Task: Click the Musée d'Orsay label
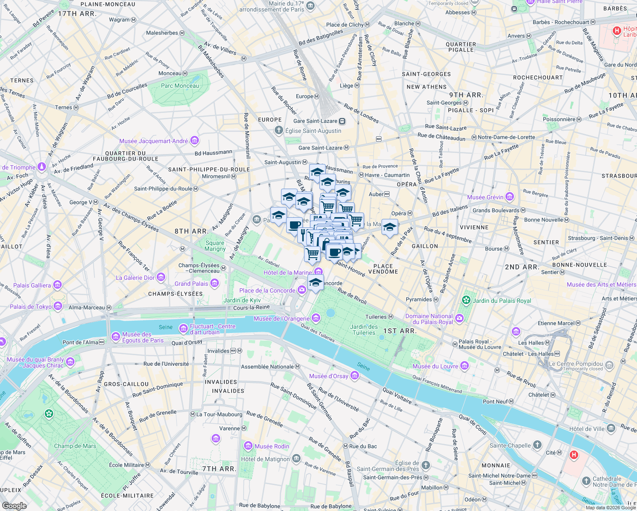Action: [329, 376]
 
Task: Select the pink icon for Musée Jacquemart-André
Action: [195, 141]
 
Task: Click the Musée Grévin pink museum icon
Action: [510, 197]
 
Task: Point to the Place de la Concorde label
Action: [267, 290]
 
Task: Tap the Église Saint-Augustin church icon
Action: [279, 130]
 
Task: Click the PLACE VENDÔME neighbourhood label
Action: [383, 269]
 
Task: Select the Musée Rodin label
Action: [272, 446]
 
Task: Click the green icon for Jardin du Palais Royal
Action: [466, 300]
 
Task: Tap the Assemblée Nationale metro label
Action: [267, 367]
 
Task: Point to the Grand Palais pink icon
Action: [215, 283]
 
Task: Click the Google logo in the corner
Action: [14, 506]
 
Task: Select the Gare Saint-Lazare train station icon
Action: [342, 121]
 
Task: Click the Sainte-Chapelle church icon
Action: [537, 445]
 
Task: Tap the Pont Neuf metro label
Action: [495, 402]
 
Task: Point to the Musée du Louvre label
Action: [435, 366]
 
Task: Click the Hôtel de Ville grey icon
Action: [611, 428]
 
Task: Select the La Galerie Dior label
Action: [135, 278]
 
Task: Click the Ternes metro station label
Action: [63, 107]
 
